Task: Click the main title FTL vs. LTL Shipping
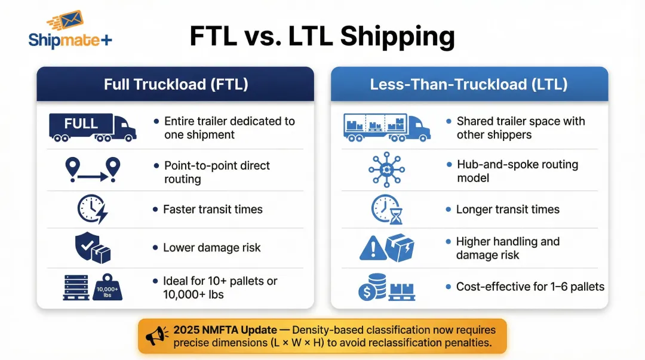pos(322,36)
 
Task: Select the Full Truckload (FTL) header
pos(176,84)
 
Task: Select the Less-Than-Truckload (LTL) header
pos(469,84)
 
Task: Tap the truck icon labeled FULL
pos(92,127)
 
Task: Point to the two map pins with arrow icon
pos(92,170)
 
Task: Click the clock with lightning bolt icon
pos(92,210)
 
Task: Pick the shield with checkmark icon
pos(86,245)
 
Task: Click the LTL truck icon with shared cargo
pos(386,127)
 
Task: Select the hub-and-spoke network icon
pos(386,170)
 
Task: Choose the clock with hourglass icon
pos(386,210)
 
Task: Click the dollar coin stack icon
pos(371,288)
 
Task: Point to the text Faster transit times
pos(212,210)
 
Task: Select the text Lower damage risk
pos(211,248)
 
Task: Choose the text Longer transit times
pos(508,210)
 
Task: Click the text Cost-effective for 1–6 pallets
pos(530,287)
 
